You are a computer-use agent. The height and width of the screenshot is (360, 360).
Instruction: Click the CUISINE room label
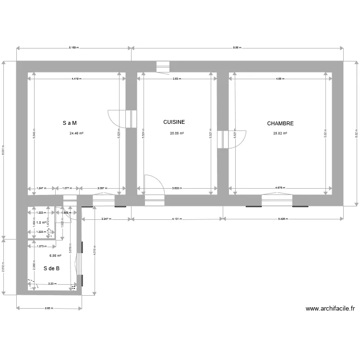pos(174,122)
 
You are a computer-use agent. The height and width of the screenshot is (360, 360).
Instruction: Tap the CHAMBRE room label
pos(280,123)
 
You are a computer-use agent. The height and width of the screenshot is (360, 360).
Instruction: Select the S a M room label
pos(70,123)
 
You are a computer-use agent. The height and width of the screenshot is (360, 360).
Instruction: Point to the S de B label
pos(51,268)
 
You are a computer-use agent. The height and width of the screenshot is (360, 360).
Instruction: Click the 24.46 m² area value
pos(77,134)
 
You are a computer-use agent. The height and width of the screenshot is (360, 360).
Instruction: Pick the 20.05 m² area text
pos(177,134)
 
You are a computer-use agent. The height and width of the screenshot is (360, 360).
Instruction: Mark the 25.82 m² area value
pos(280,134)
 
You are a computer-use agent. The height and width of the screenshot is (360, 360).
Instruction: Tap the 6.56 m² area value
pos(55,256)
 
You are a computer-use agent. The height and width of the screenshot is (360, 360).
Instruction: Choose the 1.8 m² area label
pos(41,223)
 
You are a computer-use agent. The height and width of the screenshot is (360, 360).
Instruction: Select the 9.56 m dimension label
pos(237,48)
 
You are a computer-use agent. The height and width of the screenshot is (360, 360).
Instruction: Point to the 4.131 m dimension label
pos(177,219)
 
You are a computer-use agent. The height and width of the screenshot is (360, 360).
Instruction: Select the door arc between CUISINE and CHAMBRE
pos(239,139)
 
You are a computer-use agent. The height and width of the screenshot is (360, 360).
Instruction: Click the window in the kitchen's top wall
pos(163,67)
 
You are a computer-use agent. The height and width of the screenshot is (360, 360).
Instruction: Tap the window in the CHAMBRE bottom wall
pos(277,200)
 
